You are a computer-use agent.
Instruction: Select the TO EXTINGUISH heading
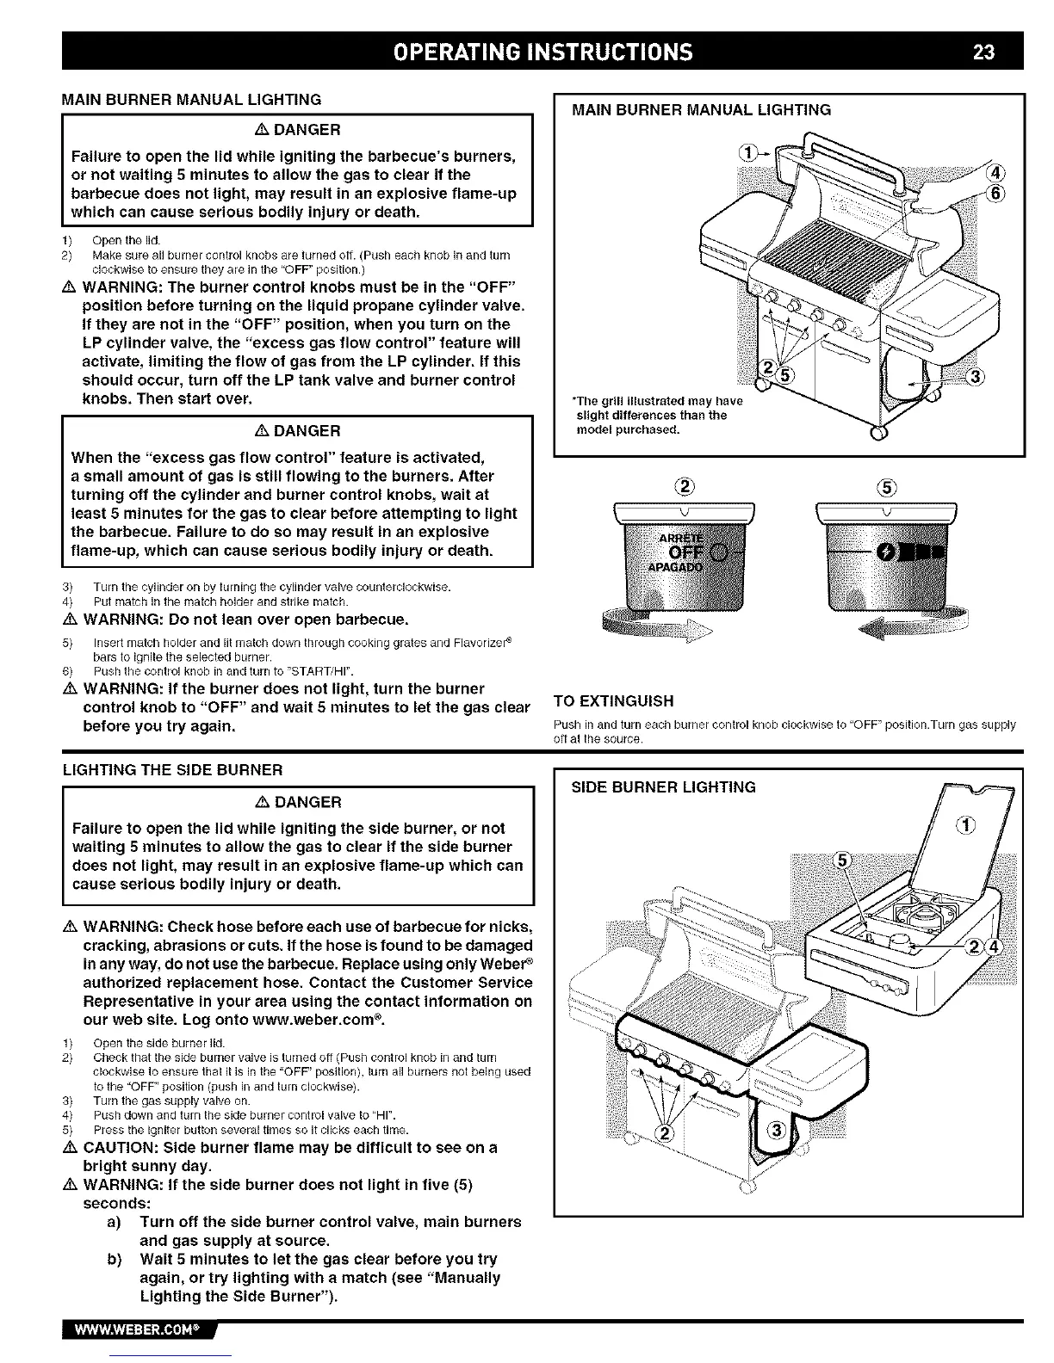pyautogui.click(x=613, y=700)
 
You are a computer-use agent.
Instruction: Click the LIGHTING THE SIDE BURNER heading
pyautogui.click(x=172, y=769)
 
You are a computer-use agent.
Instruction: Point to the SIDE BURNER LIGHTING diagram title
pyautogui.click(x=664, y=787)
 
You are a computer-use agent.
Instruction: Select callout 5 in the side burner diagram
pyautogui.click(x=845, y=862)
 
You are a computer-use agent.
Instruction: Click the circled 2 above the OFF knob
pyautogui.click(x=683, y=484)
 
